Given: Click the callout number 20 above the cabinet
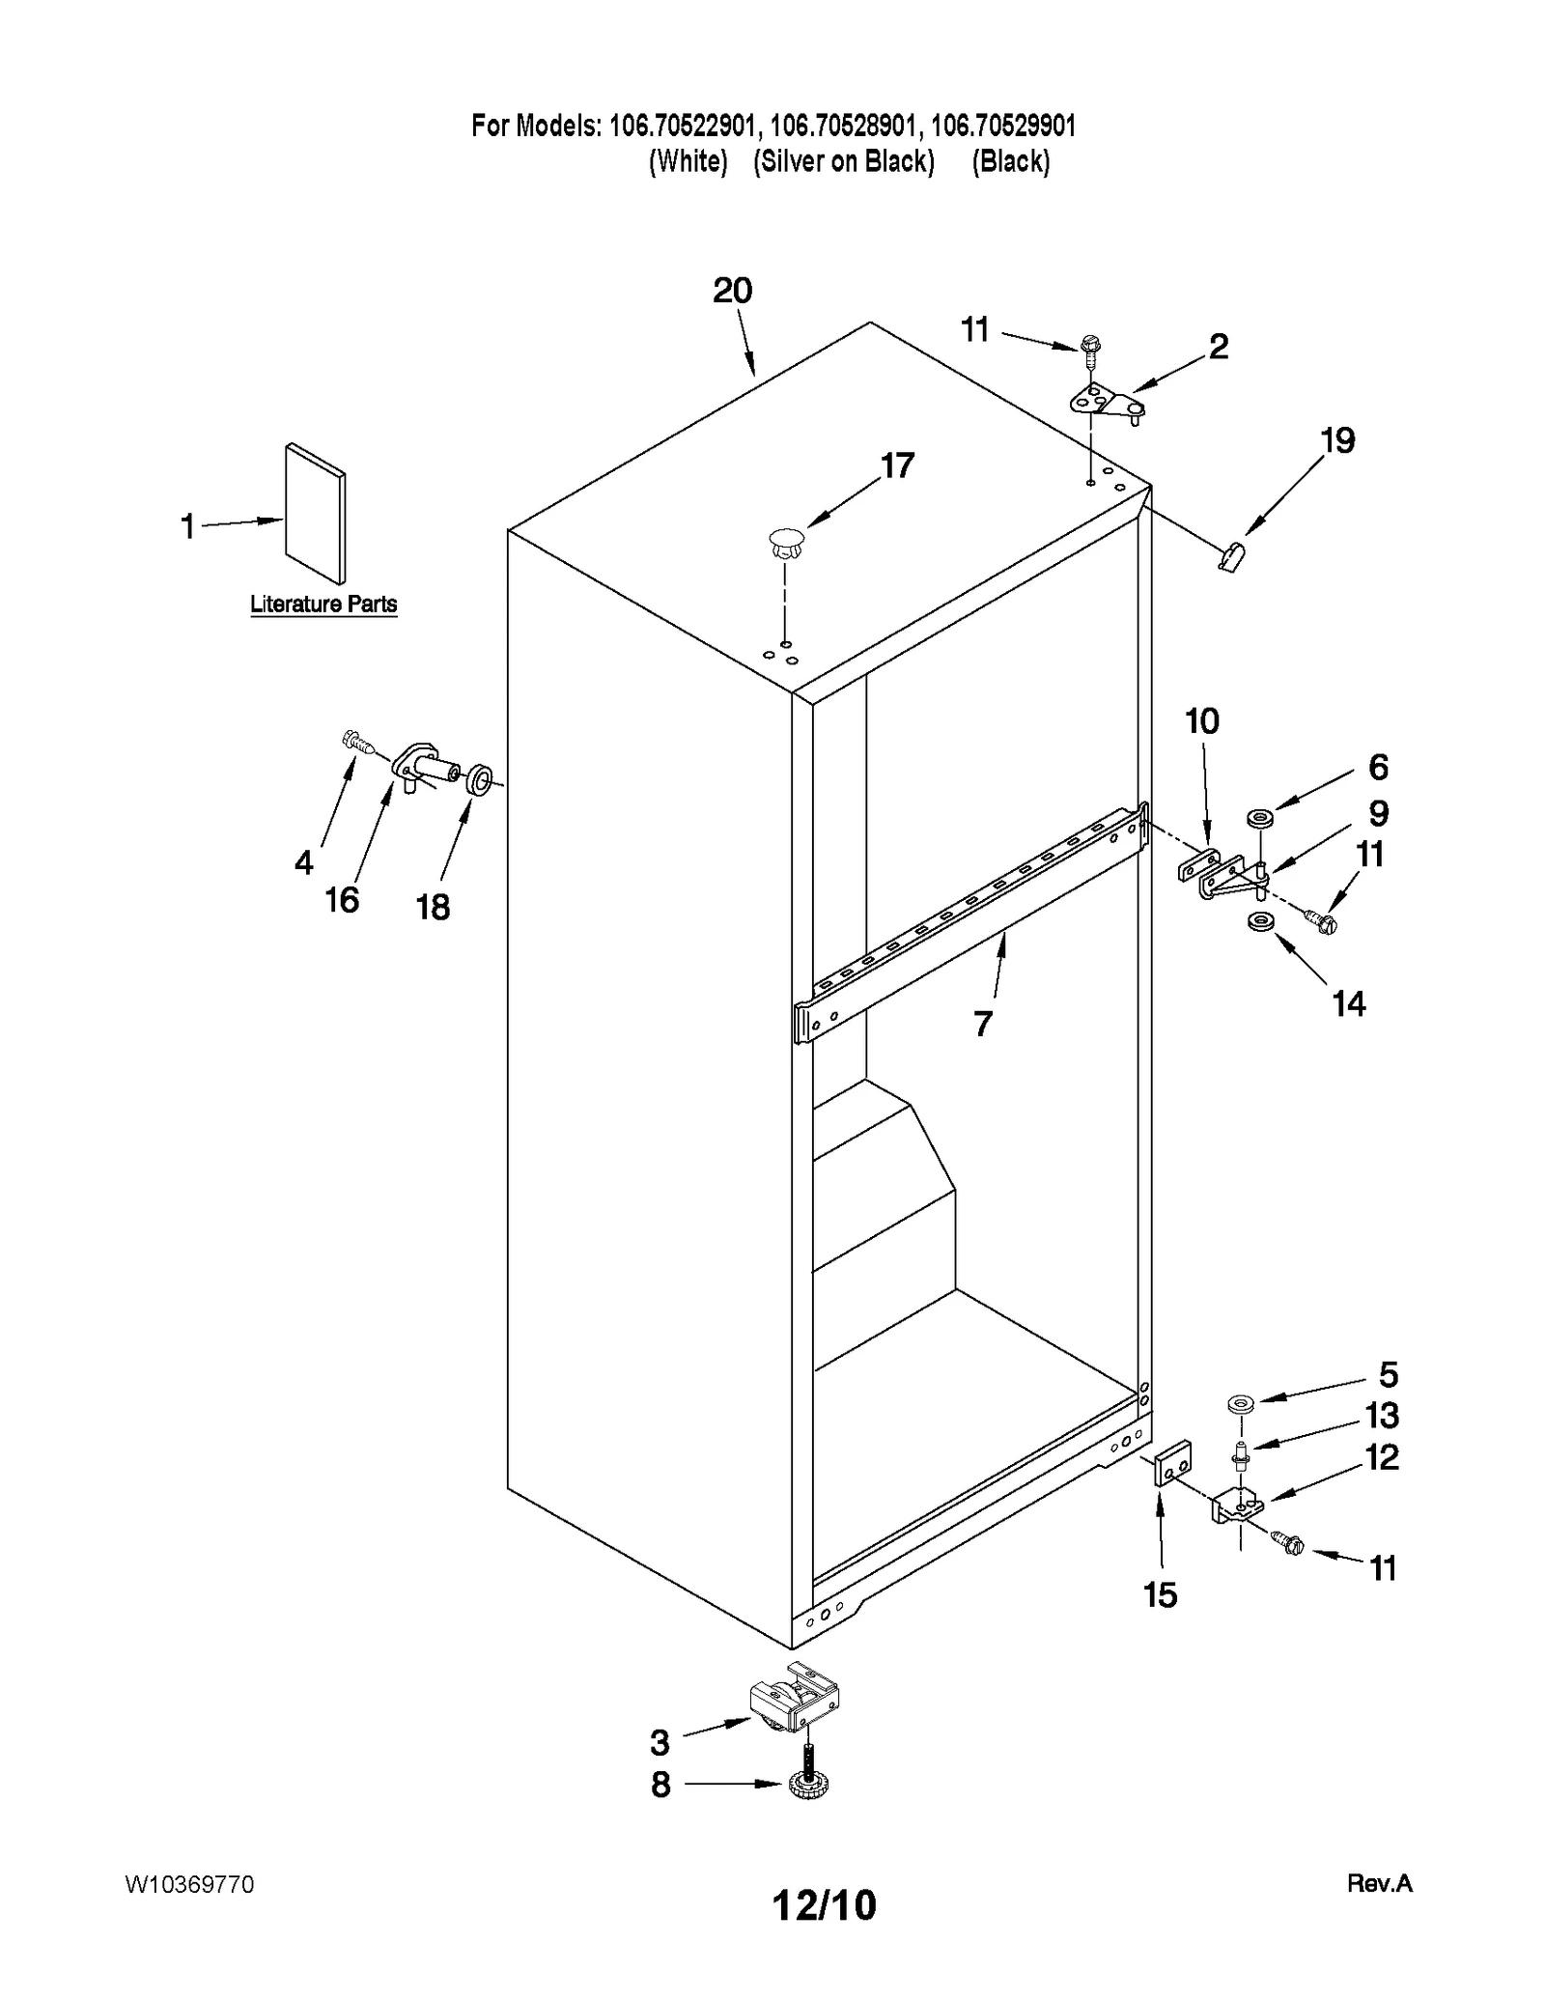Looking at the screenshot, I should click(x=732, y=291).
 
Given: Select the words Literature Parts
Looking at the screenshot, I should click(x=323, y=605).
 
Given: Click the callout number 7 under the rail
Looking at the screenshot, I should click(x=982, y=1023).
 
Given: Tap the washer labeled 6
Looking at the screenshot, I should click(x=1258, y=819).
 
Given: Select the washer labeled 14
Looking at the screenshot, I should click(x=1258, y=921).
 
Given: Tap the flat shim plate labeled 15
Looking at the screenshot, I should click(x=1173, y=1463).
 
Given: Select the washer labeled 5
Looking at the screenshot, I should click(x=1239, y=1402).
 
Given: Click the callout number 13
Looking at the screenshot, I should click(x=1381, y=1416).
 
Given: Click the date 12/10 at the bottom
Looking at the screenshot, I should click(x=824, y=1904).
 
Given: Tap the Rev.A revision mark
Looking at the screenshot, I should click(x=1379, y=1882).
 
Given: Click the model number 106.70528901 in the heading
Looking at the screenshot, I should click(x=845, y=126).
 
